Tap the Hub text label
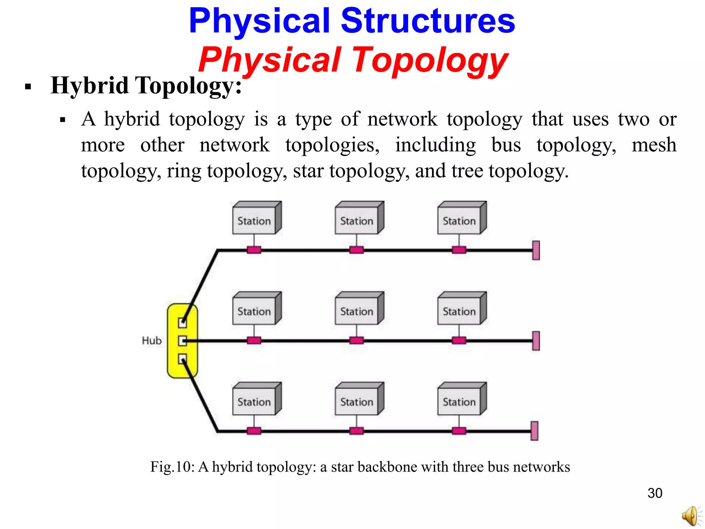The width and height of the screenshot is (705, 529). pyautogui.click(x=151, y=341)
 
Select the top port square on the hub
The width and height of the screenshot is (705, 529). pyautogui.click(x=182, y=323)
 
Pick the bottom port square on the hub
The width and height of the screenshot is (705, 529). pyautogui.click(x=182, y=359)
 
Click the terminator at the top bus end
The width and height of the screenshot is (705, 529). pyautogui.click(x=536, y=250)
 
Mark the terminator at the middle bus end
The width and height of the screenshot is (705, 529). pyautogui.click(x=536, y=341)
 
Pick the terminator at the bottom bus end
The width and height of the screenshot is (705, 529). pyautogui.click(x=534, y=431)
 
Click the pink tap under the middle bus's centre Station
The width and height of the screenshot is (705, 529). pyautogui.click(x=356, y=341)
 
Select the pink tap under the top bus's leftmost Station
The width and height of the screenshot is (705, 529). pyautogui.click(x=254, y=250)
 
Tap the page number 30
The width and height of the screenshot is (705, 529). pyautogui.click(x=654, y=493)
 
